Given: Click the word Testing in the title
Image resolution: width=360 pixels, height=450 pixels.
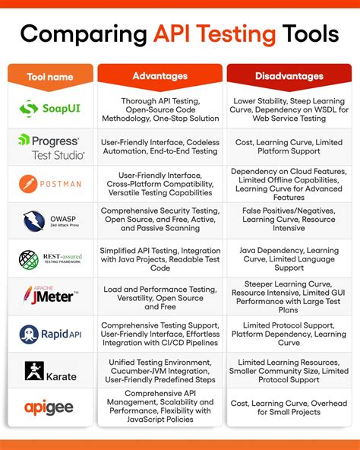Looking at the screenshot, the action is pos(238,33).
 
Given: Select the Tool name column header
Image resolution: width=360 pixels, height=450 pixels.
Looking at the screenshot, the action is pos(50,76).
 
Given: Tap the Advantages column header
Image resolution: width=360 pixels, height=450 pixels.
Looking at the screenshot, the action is pos(159,76).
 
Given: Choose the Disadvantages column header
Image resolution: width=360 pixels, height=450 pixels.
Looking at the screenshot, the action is pos(289,76).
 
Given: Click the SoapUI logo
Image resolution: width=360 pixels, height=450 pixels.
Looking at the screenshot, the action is pos(50,109).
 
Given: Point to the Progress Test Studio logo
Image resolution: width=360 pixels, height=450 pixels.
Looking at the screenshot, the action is pos(50,147).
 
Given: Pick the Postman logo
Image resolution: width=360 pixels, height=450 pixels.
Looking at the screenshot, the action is pos(50,184).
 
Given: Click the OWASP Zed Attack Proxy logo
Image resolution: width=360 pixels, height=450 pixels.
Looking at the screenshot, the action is pos(50,221).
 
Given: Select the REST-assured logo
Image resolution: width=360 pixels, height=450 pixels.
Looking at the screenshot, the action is pos(50,258).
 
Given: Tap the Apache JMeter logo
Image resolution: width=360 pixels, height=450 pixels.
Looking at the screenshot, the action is pos(50,296).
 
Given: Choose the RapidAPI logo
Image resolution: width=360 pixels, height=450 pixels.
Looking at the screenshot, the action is pos(50,334).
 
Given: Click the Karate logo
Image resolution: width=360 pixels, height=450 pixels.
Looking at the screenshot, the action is pos(50,370).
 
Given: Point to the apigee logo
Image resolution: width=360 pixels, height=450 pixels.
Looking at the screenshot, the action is pos(50,407).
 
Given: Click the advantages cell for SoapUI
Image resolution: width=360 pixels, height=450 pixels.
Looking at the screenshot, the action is pos(159,109).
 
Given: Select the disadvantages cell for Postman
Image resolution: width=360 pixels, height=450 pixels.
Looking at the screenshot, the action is pos(289,184).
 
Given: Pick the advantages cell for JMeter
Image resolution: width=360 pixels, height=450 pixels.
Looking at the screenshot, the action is pos(159,296).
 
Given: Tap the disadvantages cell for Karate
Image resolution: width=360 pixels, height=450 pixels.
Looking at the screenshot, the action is pos(289,370).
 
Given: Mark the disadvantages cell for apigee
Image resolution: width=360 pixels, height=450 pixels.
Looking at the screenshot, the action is pos(289,407).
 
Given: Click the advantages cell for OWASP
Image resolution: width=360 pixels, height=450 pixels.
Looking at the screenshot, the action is pos(159,221).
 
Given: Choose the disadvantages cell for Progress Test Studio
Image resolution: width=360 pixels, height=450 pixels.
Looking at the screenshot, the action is pos(289,147).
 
